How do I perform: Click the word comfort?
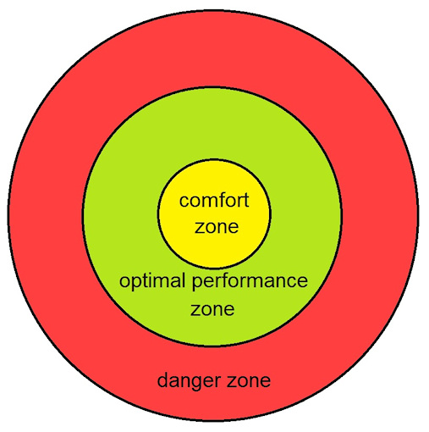214,202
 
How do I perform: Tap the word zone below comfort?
214,227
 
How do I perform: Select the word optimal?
150,282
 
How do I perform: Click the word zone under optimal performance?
212,308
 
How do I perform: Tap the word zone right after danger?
246,380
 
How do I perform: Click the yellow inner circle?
214,178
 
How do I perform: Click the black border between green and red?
84,212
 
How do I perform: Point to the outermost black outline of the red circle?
8,212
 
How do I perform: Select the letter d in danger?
162,380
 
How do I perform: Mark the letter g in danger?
191,383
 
